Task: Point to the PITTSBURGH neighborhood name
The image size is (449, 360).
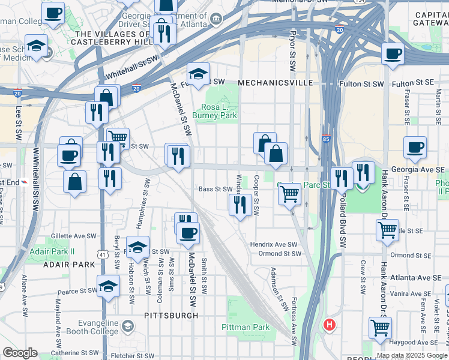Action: tap(171, 315)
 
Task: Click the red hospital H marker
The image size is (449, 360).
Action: tap(329, 325)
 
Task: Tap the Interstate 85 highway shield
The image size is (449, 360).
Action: tap(325, 139)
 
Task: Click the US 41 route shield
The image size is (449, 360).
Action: tap(104, 254)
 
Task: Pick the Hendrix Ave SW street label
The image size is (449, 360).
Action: tap(274, 245)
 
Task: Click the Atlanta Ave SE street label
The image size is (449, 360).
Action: tap(412, 277)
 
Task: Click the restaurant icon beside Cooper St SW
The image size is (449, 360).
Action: tap(240, 205)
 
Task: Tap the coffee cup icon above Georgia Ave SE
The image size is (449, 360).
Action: tap(415, 147)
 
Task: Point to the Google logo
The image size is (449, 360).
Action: tap(20, 353)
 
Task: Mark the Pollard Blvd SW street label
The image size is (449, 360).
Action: tap(343, 221)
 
